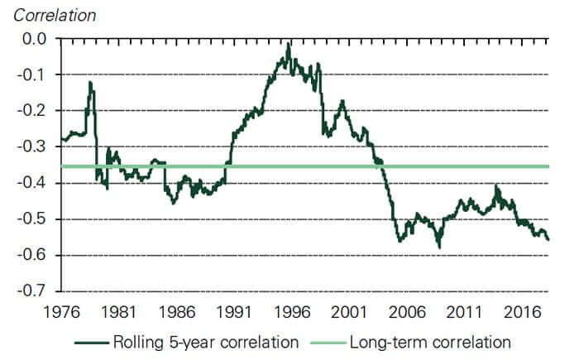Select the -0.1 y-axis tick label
(x=36, y=74)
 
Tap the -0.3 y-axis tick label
(x=36, y=146)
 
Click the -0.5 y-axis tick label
(x=36, y=219)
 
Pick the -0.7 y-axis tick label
(x=36, y=291)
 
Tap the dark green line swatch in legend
(x=92, y=341)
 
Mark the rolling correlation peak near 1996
(x=289, y=45)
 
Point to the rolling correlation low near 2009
(x=439, y=247)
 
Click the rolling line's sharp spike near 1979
(x=89, y=83)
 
